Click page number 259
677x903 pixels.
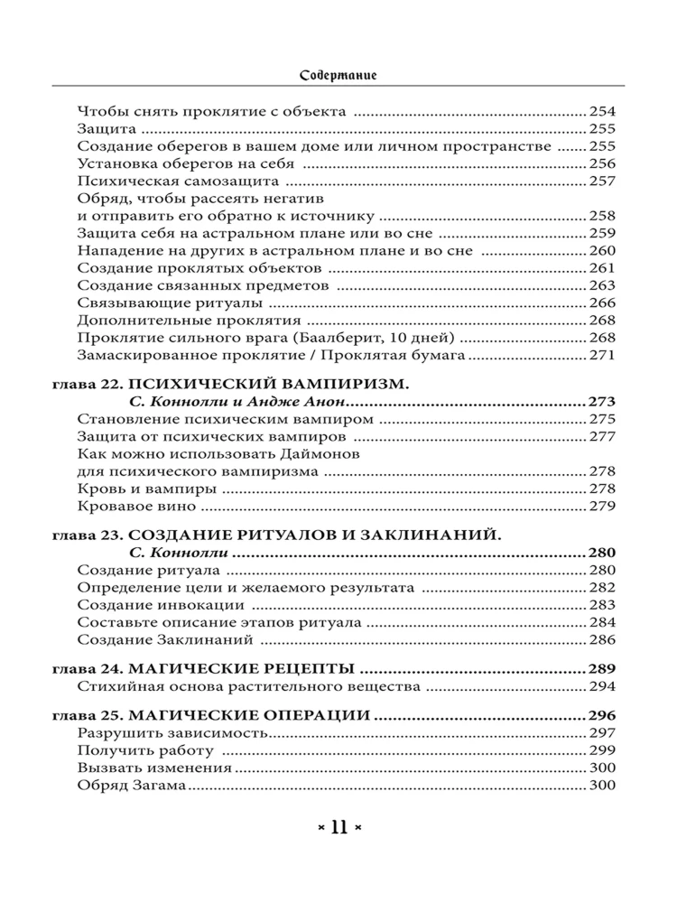[602, 233]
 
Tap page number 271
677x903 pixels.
[602, 356]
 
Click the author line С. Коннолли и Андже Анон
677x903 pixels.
[233, 401]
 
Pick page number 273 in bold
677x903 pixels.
[602, 401]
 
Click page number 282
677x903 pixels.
[602, 588]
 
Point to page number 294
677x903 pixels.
[602, 686]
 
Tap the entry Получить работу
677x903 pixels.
[145, 750]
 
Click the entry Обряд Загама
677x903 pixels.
[132, 786]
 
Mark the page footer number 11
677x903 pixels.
[338, 826]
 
